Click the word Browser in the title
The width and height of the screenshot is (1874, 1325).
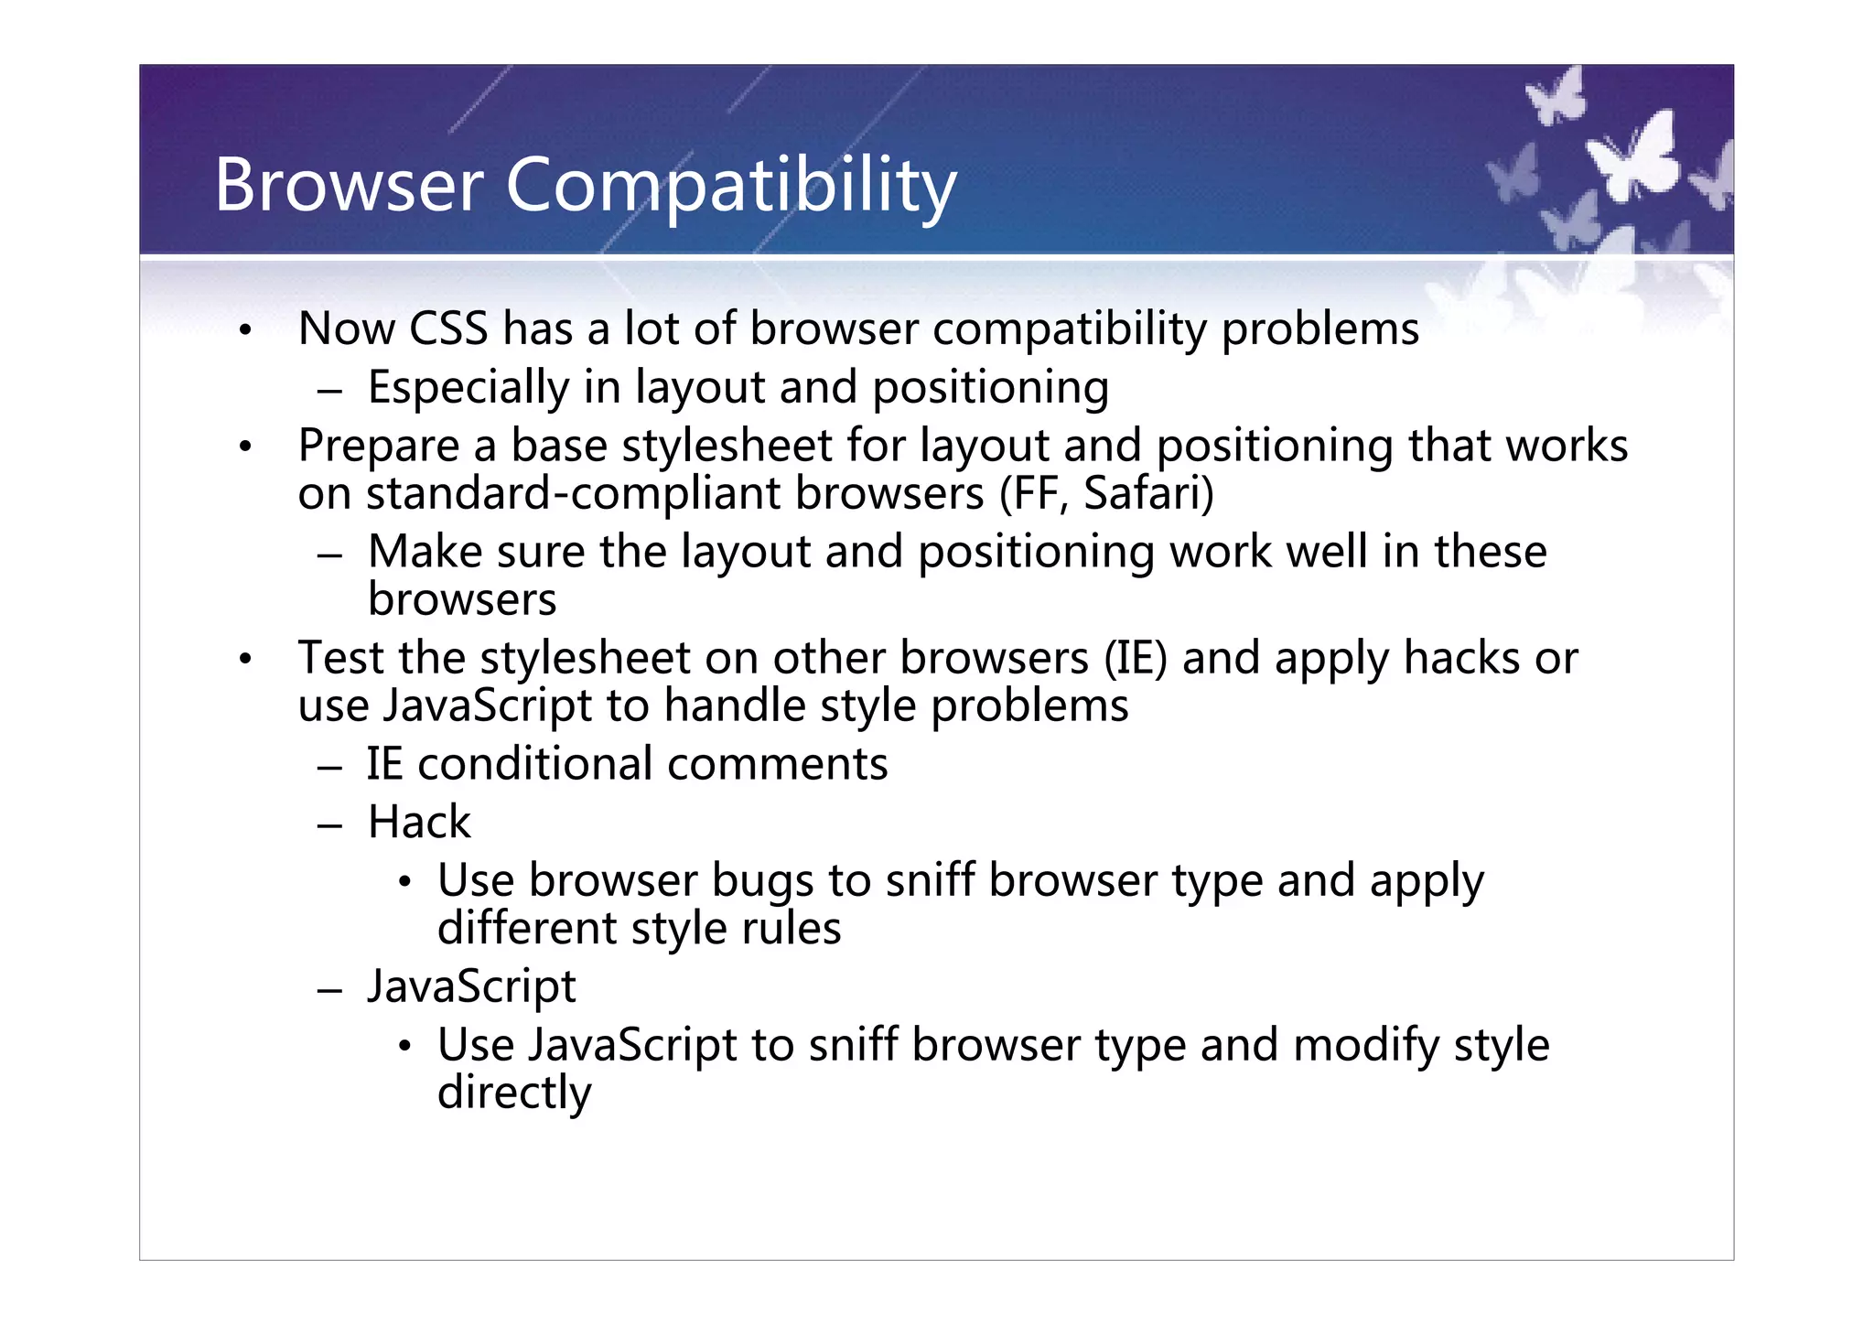pos(349,185)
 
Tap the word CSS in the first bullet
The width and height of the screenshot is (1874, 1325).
pos(448,329)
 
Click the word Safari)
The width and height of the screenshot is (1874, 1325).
pos(1148,494)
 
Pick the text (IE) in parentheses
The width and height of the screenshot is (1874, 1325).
pos(1136,659)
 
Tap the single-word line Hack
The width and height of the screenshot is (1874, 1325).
pos(419,822)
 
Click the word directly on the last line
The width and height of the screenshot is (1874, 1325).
pos(514,1093)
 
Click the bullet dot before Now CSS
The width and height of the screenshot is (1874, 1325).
pos(244,330)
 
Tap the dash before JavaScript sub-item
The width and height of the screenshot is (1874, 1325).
pos(329,989)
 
